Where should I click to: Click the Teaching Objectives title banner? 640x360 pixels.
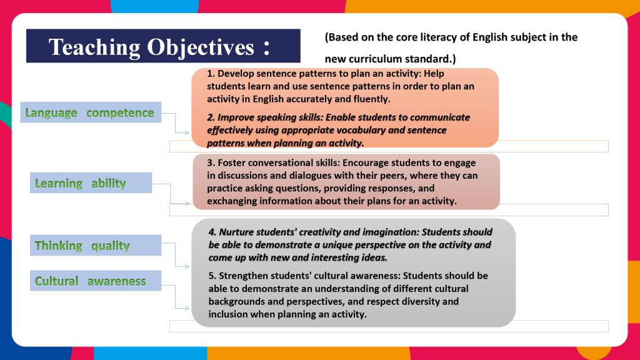(163, 46)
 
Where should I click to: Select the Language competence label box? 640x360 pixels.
(91, 112)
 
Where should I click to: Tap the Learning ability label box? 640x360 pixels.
(91, 183)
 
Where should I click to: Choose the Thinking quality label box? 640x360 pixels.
(96, 245)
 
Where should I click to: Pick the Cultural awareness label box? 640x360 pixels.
(96, 281)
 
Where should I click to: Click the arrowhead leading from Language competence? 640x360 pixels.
(186, 132)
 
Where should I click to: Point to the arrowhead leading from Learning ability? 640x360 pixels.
(186, 203)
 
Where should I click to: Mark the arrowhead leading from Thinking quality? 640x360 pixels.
(186, 266)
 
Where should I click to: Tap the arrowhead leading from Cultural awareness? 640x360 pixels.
(186, 308)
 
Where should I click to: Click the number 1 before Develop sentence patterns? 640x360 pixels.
(209, 74)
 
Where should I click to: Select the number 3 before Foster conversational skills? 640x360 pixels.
(209, 162)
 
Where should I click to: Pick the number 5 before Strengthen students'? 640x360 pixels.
(211, 276)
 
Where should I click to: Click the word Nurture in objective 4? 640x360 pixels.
(235, 232)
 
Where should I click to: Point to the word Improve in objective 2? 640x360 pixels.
(234, 117)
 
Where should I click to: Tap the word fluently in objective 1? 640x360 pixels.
(373, 99)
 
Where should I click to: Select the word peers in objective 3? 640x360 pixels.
(393, 176)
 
